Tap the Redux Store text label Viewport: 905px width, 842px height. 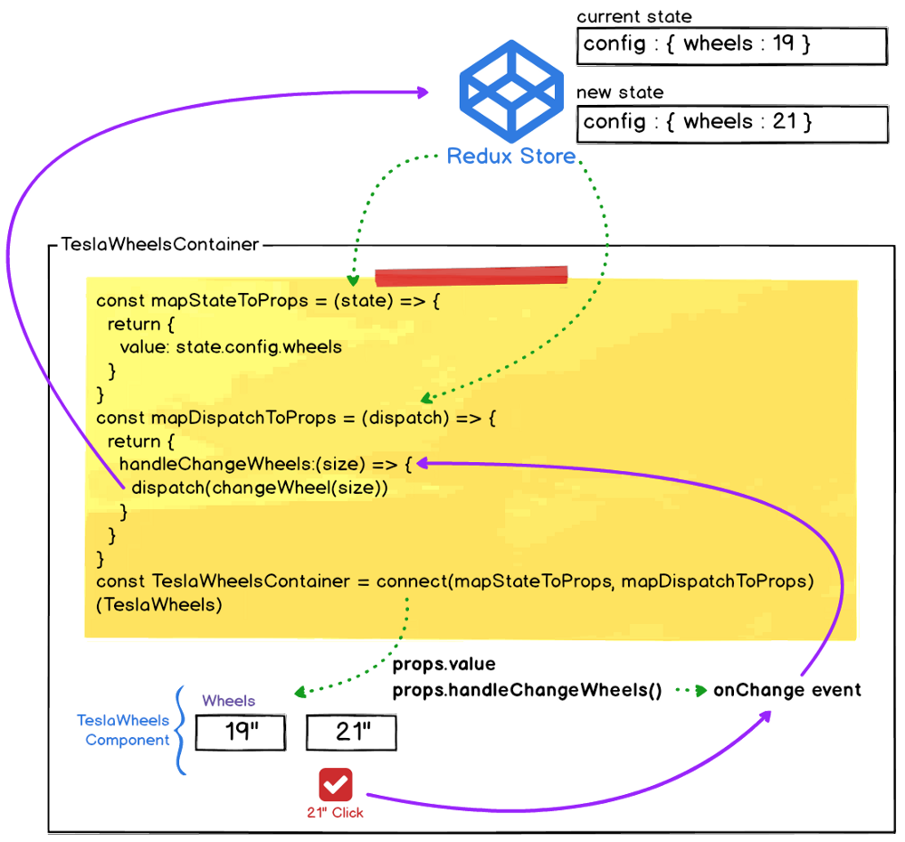[511, 156]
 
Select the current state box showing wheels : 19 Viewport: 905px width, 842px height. [731, 45]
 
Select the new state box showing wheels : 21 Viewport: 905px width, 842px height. [731, 123]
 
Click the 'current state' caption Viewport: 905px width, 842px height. [633, 16]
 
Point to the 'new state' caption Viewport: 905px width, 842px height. [620, 92]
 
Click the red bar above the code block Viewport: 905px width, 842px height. [471, 276]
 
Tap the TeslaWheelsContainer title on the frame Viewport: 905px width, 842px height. [160, 244]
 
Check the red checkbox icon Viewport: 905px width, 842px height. [335, 784]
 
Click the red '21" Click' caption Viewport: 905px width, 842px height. [335, 812]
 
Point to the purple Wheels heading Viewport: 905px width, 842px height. [228, 701]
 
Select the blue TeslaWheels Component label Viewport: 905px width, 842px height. [123, 730]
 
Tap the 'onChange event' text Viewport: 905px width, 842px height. [786, 690]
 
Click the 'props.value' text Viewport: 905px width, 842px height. [444, 665]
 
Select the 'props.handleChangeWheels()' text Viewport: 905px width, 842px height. [527, 690]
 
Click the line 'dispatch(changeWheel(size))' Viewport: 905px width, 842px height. [260, 487]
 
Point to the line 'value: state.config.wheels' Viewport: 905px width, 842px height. [231, 346]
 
